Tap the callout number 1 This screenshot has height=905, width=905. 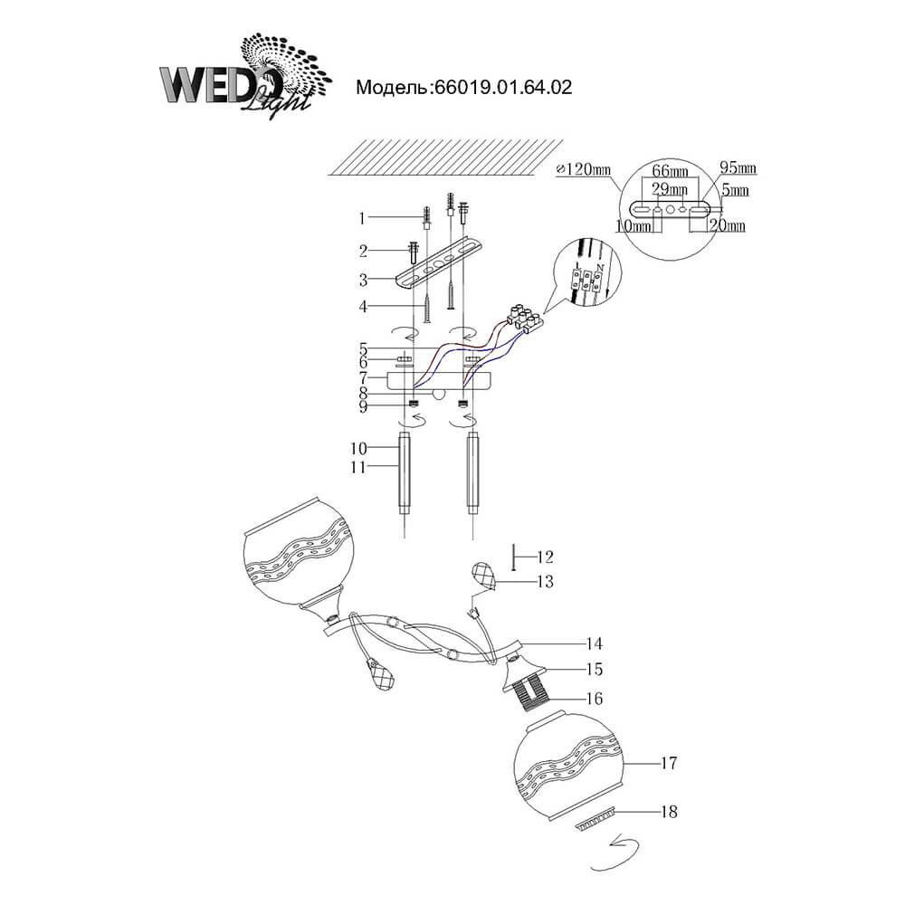[x=362, y=218]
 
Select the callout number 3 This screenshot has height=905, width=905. [x=362, y=280]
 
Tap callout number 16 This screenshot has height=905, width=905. [x=594, y=698]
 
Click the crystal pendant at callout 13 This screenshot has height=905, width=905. [x=486, y=575]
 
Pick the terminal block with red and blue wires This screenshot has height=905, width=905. [x=526, y=316]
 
